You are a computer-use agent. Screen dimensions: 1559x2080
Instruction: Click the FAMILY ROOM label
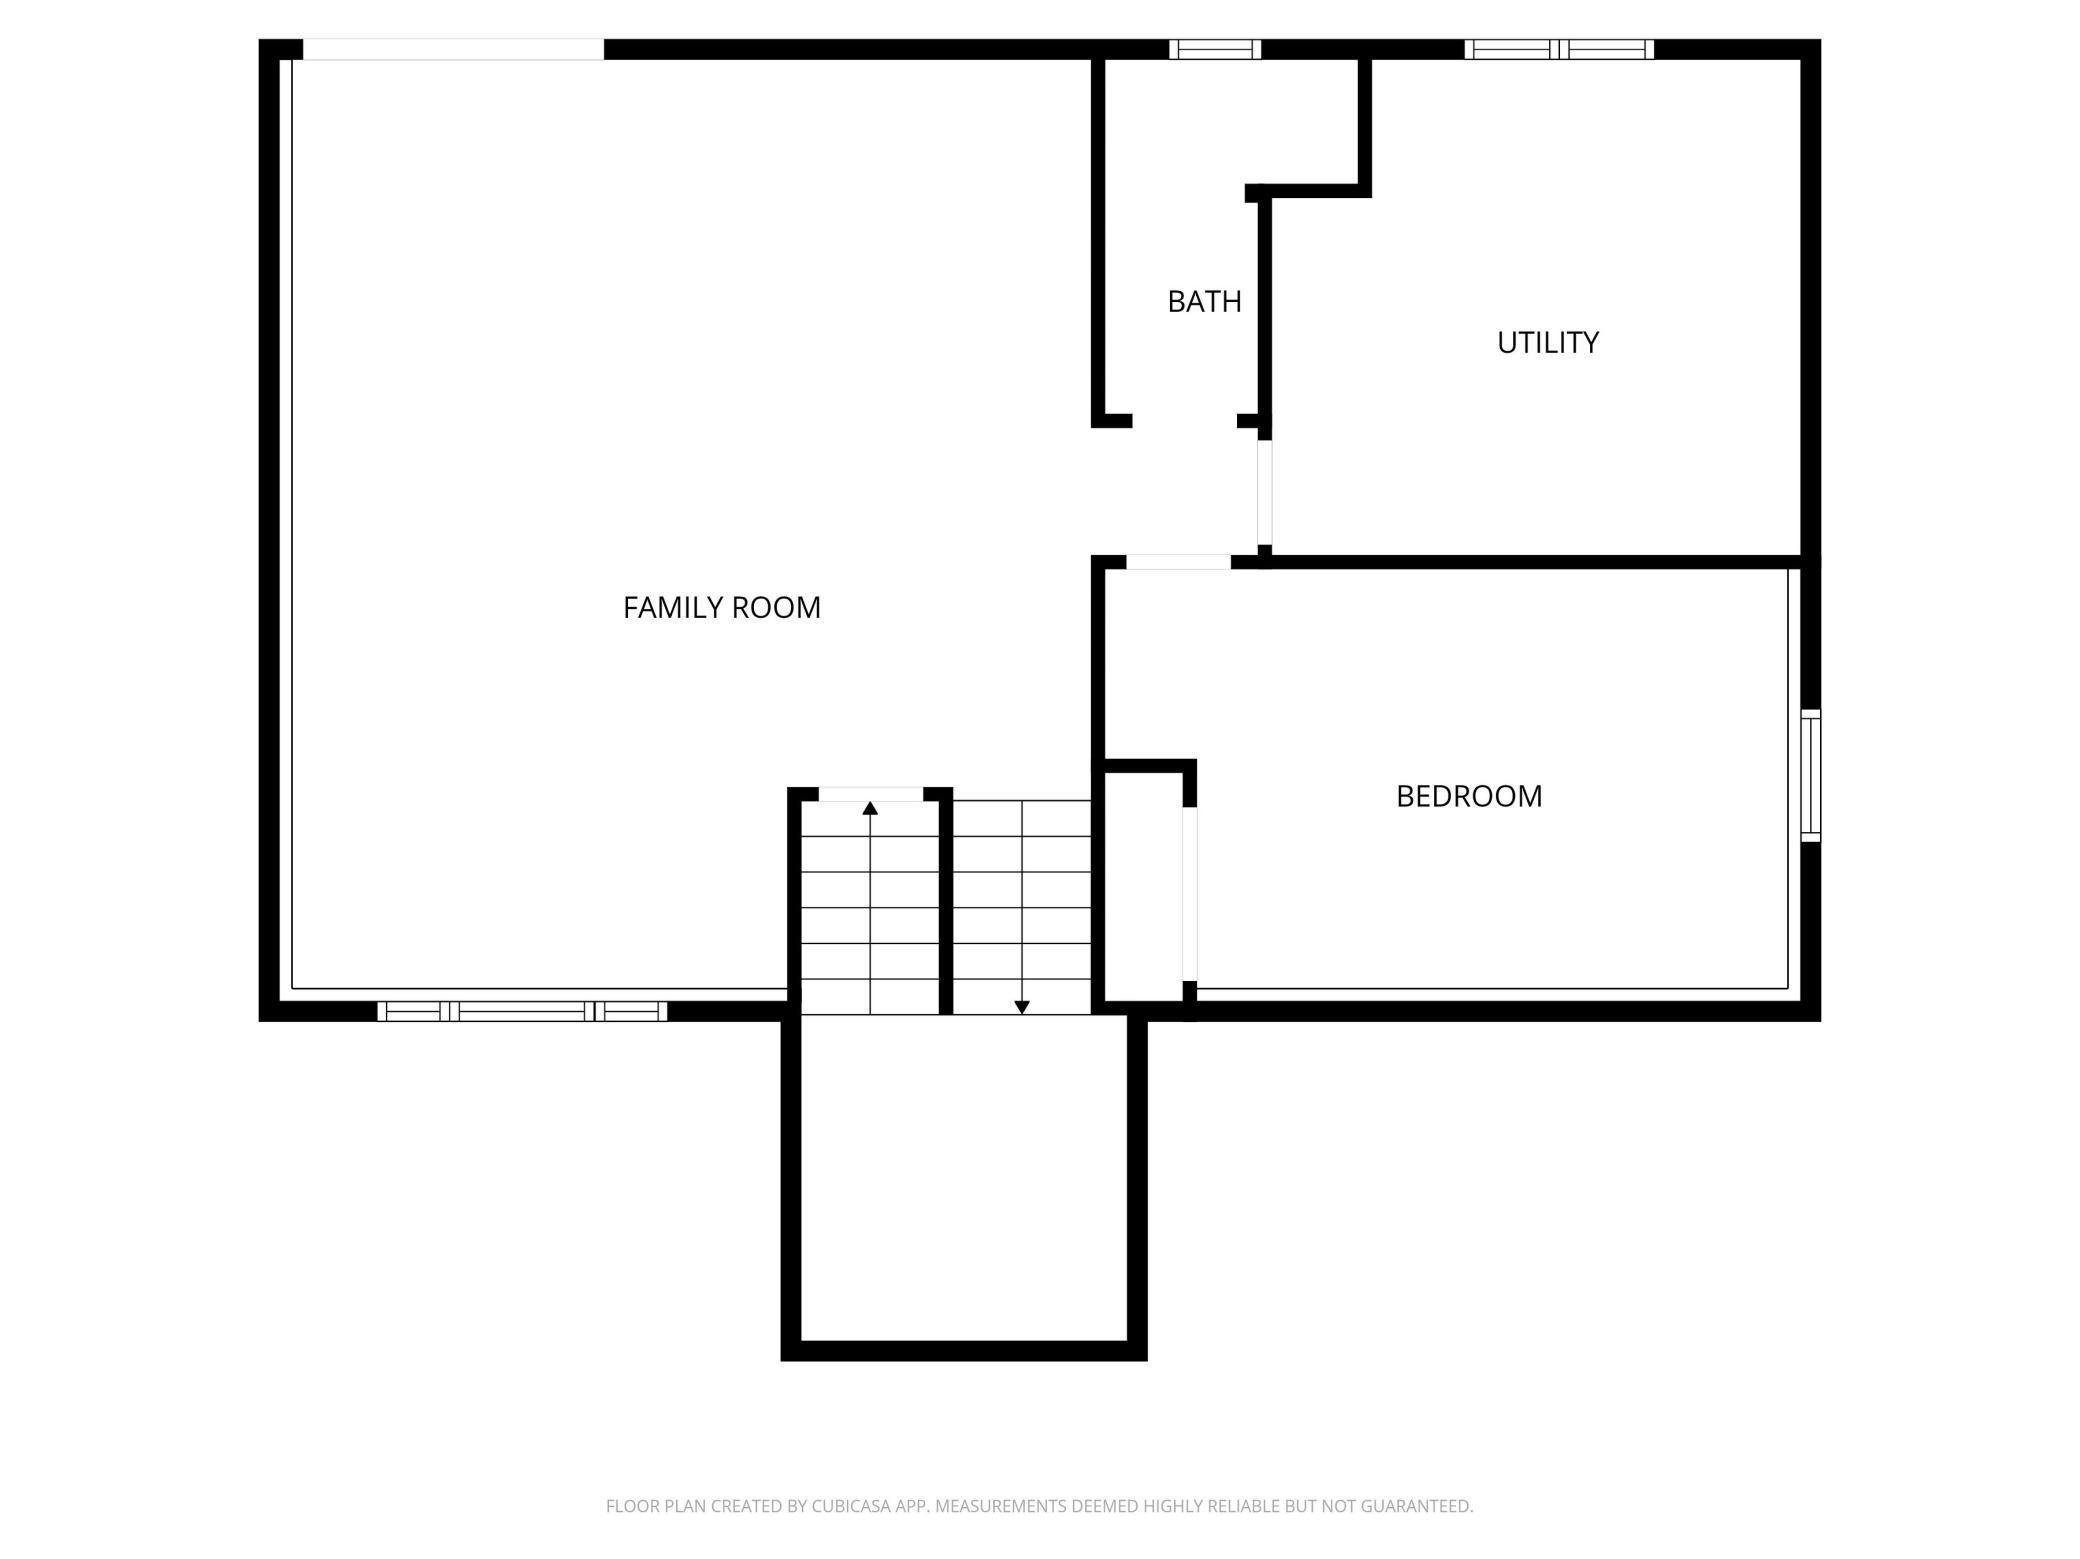tap(721, 607)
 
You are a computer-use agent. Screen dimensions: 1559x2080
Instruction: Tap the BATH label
tap(1204, 301)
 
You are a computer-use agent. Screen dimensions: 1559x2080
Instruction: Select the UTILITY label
tap(1547, 343)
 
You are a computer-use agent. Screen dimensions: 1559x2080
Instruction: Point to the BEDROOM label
tap(1468, 796)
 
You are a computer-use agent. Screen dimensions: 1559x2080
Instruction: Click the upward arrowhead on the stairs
tap(870, 808)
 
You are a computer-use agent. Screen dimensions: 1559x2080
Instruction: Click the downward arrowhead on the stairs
tap(1022, 1007)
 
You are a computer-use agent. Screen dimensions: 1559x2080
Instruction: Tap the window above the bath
tap(1215, 49)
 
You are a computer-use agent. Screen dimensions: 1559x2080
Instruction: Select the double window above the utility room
tap(1559, 49)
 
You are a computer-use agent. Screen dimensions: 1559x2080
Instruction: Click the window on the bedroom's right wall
tap(1810, 775)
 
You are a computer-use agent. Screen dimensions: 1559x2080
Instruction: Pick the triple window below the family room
tap(522, 1011)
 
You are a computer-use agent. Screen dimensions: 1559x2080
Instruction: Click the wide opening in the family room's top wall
tap(453, 49)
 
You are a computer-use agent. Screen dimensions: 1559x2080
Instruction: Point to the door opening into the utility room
tap(1264, 493)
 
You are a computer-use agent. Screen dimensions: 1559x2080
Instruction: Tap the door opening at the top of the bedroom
tap(1178, 562)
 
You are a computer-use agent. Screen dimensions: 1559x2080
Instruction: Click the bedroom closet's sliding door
tap(1190, 894)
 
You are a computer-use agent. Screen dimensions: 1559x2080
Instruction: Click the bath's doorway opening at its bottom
tap(1185, 421)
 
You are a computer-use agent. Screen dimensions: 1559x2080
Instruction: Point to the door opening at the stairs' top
tap(870, 794)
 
